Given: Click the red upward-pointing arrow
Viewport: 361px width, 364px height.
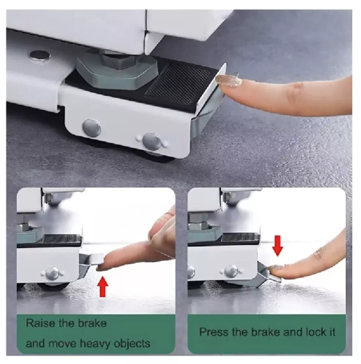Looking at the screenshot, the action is pos(103,287).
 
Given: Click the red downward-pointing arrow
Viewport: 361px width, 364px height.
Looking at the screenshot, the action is pos(277,246).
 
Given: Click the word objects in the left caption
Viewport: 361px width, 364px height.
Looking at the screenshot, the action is pos(132,344).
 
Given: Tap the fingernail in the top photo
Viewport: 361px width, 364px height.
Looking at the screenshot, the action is pos(229,81).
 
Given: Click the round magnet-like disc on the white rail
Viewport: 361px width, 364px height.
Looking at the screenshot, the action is pos(40,56).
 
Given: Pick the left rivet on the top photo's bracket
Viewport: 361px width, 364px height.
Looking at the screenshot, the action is pos(92,127).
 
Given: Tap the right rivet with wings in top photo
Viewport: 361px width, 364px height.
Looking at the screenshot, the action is pos(152,141).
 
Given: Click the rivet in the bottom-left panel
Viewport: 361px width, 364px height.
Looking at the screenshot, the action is pos(52,273).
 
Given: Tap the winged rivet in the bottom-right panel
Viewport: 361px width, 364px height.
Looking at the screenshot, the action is pos(231,271).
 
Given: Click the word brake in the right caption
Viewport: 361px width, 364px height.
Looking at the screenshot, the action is pos(266,332).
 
